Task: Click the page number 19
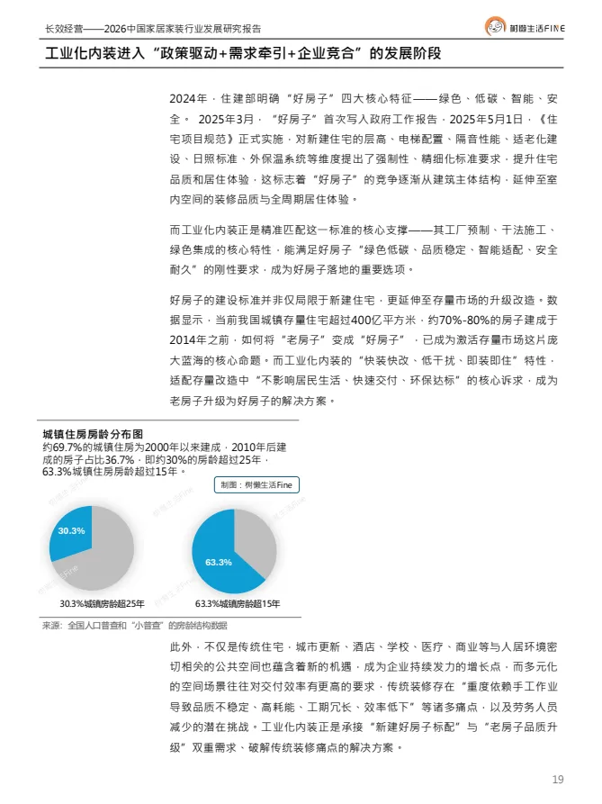(x=557, y=778)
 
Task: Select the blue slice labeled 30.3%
(x=69, y=532)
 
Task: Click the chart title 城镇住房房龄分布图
(x=93, y=435)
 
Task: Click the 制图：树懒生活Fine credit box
(x=257, y=484)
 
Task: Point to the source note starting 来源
(x=134, y=625)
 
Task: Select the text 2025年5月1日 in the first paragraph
(x=481, y=118)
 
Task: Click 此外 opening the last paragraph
(x=179, y=647)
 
